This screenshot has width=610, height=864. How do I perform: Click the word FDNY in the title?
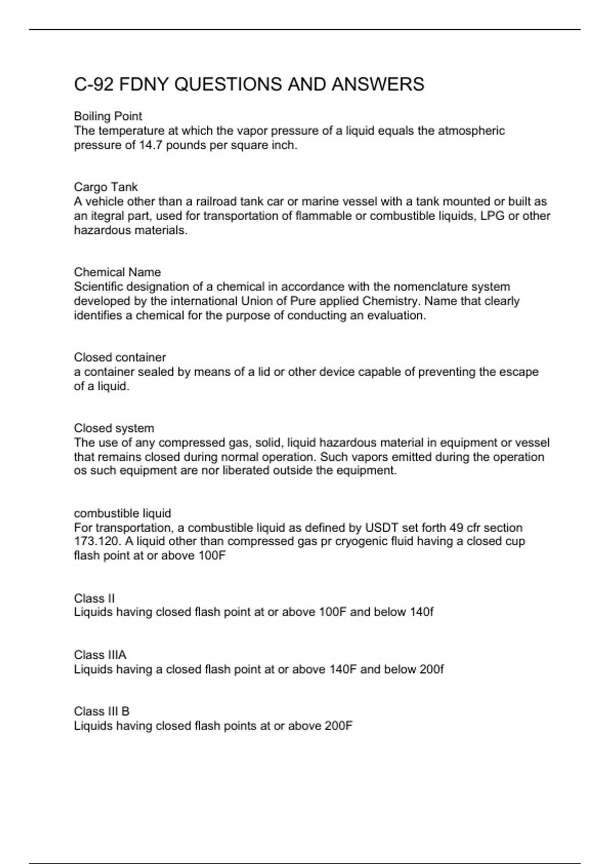(144, 84)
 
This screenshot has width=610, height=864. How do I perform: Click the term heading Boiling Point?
(108, 116)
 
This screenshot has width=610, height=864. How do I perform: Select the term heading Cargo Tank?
(106, 187)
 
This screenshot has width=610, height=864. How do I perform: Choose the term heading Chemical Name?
(117, 272)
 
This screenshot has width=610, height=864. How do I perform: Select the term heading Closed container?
(120, 357)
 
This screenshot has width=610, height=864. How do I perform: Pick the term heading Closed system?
(114, 428)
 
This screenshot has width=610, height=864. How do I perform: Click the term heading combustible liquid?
(123, 513)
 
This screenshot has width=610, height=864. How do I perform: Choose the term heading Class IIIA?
(100, 655)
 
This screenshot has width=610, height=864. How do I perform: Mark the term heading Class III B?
(102, 711)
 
